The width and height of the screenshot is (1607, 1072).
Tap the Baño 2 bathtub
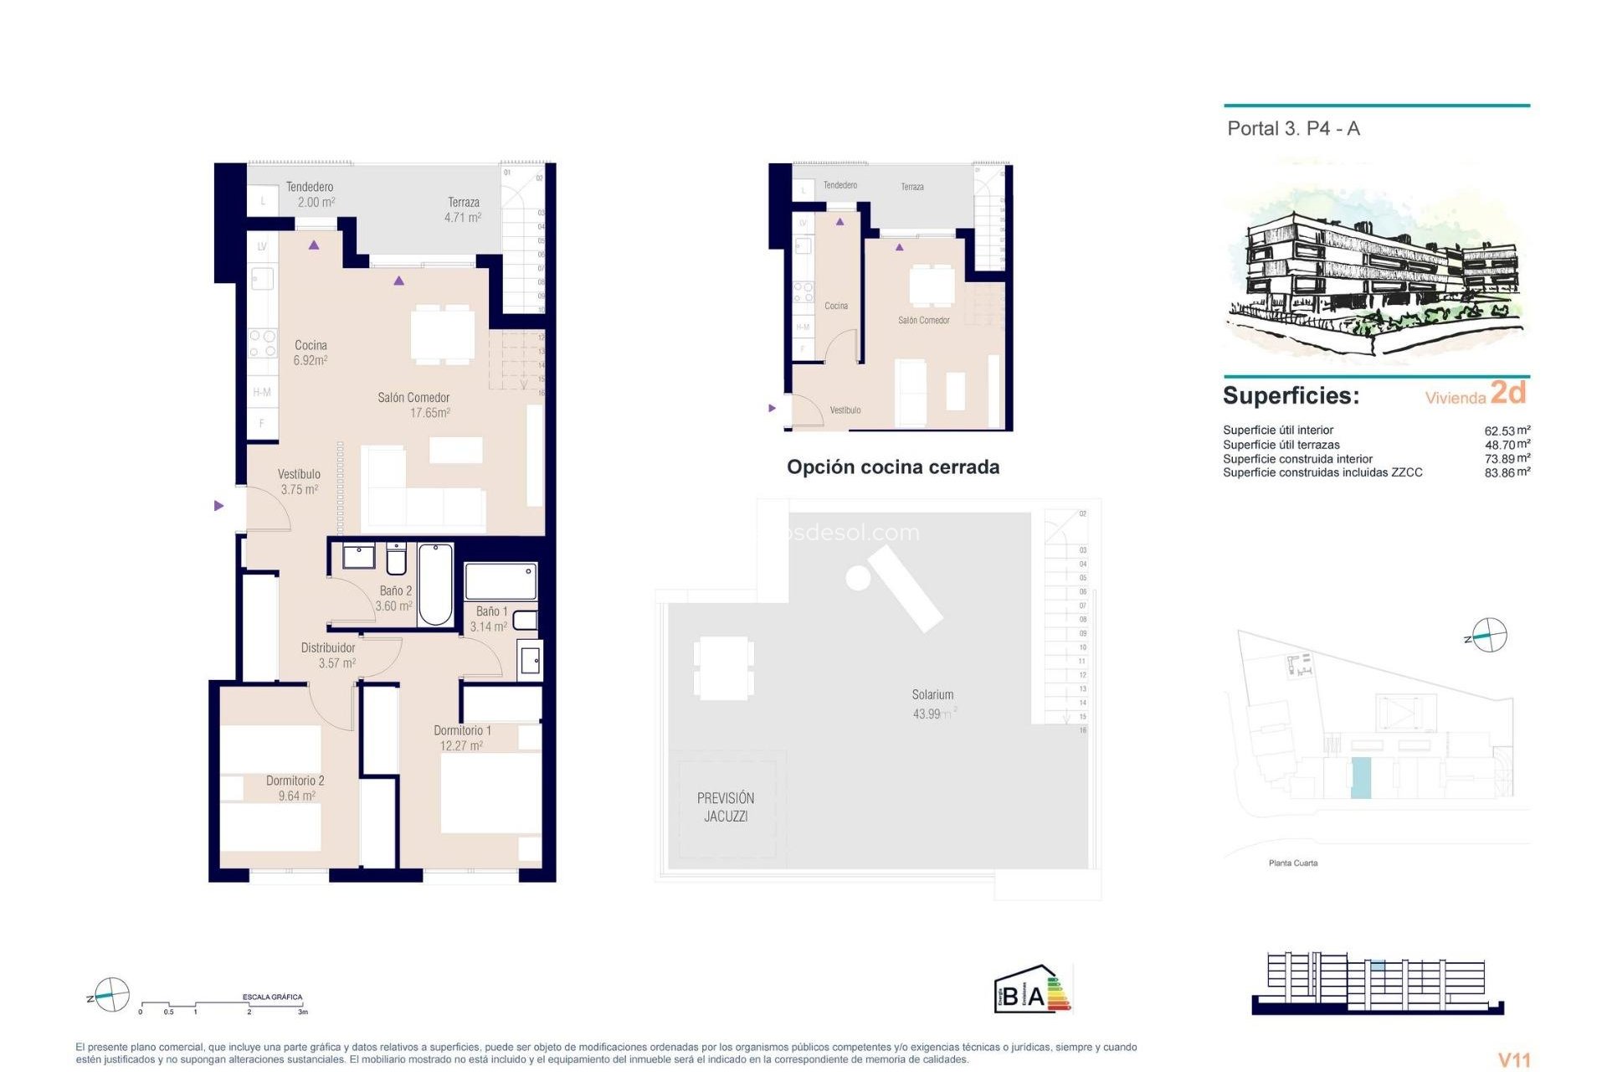(435, 585)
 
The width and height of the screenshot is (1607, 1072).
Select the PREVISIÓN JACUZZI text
(726, 807)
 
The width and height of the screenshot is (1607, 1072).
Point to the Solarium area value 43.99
(927, 714)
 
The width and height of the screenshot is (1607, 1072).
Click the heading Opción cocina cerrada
(892, 467)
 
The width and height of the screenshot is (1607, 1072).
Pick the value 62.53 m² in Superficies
(1507, 430)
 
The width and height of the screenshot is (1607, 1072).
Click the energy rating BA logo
(1032, 990)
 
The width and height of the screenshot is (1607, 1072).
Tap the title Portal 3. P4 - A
(1293, 129)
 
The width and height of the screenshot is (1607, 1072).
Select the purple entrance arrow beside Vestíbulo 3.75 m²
(218, 506)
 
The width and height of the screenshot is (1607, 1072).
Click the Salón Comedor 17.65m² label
(414, 405)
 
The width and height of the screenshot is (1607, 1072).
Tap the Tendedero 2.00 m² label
(311, 194)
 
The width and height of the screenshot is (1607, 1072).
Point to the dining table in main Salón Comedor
(443, 335)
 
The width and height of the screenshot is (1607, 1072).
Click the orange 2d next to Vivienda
(1508, 392)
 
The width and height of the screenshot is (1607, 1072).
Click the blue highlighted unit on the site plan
(1361, 778)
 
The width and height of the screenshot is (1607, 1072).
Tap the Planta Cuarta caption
(1293, 863)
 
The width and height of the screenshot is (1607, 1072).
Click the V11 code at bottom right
(1513, 1060)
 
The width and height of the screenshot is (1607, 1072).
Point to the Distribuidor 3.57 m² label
(328, 655)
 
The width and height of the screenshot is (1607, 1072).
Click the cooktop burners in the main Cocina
(263, 343)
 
